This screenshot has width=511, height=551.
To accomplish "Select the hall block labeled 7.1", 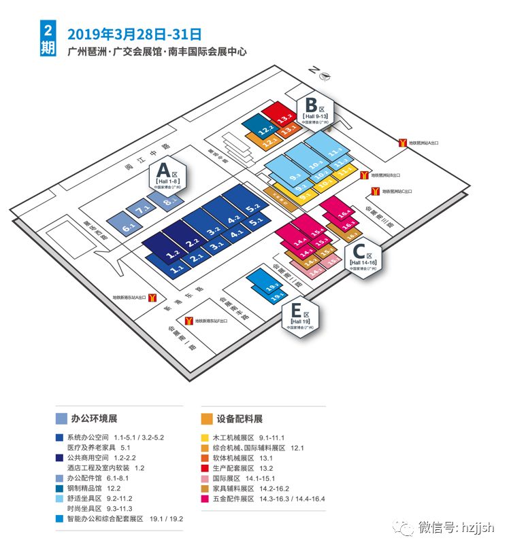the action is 143,211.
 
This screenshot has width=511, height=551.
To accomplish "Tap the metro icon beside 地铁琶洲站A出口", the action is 403,141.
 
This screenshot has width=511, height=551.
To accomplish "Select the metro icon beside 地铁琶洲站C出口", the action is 374,192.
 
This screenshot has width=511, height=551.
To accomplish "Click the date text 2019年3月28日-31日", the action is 134,33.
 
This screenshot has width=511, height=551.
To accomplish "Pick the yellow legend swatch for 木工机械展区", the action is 203,438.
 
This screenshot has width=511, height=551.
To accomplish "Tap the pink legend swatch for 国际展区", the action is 203,478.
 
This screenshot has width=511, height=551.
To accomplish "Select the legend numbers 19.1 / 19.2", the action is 167,518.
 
